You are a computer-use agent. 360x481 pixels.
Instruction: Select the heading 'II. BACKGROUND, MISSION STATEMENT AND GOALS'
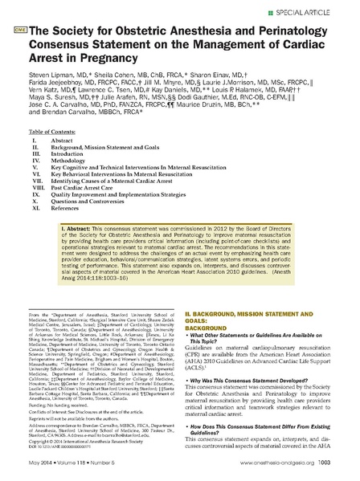click(249, 356)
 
